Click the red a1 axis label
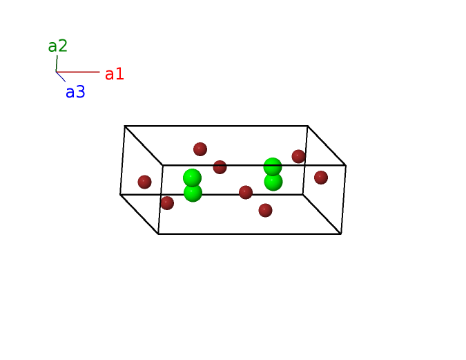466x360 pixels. pyautogui.click(x=115, y=74)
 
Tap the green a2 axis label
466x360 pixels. pyautogui.click(x=57, y=46)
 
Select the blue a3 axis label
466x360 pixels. pyautogui.click(x=75, y=93)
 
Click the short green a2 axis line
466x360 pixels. pyautogui.click(x=57, y=64)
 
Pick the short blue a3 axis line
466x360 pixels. pyautogui.click(x=61, y=77)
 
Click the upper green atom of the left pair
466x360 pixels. pyautogui.click(x=192, y=178)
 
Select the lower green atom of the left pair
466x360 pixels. pyautogui.click(x=193, y=193)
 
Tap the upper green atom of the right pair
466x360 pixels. pyautogui.click(x=273, y=167)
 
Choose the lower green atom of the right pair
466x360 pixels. pyautogui.click(x=273, y=182)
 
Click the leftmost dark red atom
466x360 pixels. pyautogui.click(x=144, y=182)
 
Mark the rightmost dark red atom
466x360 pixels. pyautogui.click(x=321, y=178)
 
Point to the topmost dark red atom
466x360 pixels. pyautogui.click(x=200, y=149)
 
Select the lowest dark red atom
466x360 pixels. pyautogui.click(x=265, y=210)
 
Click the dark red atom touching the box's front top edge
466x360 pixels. pyautogui.click(x=220, y=167)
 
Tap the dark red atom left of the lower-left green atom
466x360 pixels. pyautogui.click(x=167, y=203)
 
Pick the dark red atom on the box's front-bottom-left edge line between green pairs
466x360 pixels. pyautogui.click(x=246, y=192)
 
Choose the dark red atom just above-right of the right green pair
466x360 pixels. pyautogui.click(x=298, y=156)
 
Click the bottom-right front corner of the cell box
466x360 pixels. pyautogui.click(x=341, y=234)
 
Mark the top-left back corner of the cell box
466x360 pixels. pyautogui.click(x=125, y=126)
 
